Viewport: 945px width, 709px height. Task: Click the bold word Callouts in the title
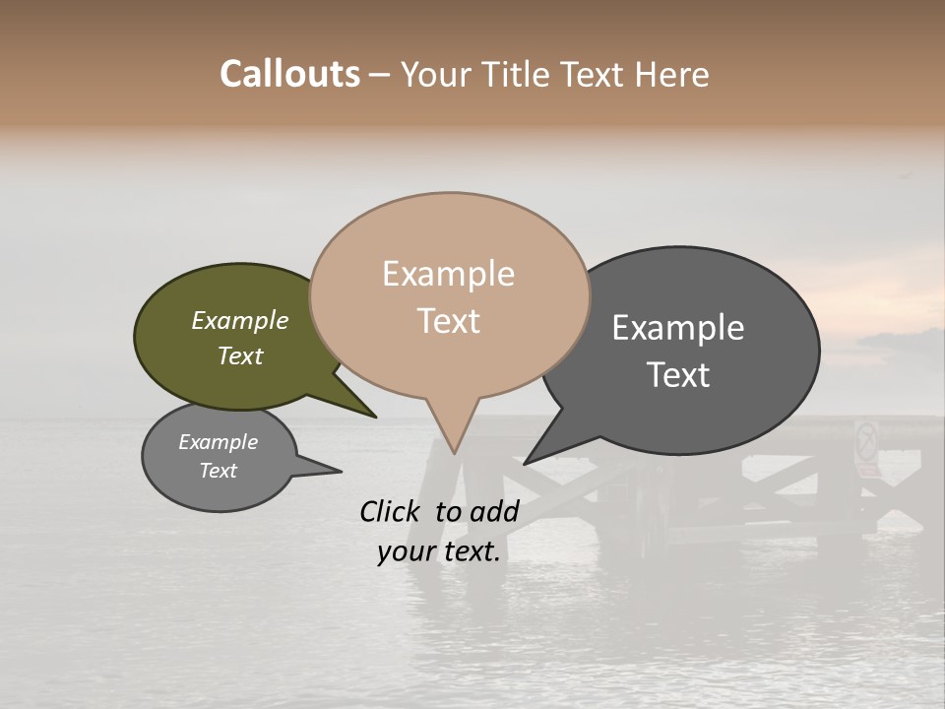[x=289, y=74]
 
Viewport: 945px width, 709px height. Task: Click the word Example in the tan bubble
[x=448, y=274]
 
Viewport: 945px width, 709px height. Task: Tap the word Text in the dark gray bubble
[x=679, y=375]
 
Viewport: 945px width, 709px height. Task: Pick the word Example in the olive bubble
[x=239, y=321]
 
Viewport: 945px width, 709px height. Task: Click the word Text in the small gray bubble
[x=219, y=471]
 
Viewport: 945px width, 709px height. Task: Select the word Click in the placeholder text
[x=391, y=511]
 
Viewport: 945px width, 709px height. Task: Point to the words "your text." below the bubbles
[x=439, y=552]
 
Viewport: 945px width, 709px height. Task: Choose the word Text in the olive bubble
[x=240, y=356]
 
